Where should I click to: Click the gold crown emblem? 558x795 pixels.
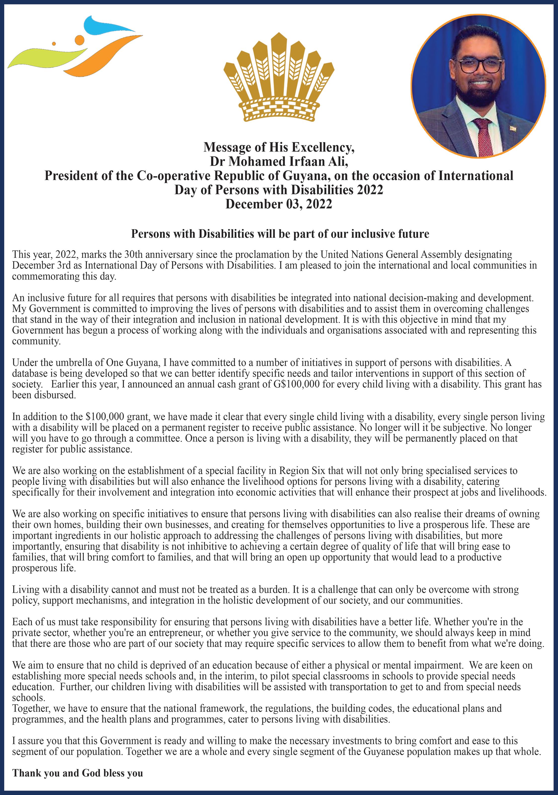tap(279, 78)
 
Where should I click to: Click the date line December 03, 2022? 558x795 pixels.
tap(279, 204)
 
